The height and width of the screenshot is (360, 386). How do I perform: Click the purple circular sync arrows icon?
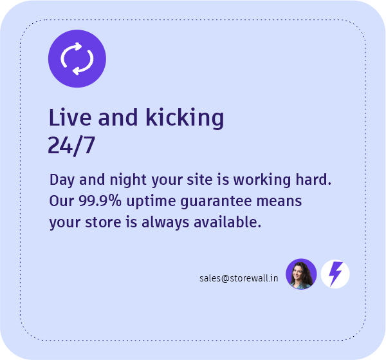[x=77, y=59]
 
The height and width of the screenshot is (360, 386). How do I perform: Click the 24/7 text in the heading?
[x=71, y=146]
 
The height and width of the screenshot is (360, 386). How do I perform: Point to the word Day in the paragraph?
[x=61, y=180]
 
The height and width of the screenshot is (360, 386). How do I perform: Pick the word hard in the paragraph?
[x=315, y=179]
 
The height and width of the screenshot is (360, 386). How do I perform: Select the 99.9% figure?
[x=100, y=201]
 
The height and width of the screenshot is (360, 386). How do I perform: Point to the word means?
[x=279, y=201]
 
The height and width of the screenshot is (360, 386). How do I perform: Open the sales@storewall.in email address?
[x=239, y=278]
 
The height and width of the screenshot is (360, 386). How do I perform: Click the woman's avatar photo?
[x=301, y=274]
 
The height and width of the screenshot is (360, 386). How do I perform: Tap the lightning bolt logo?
[x=335, y=274]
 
